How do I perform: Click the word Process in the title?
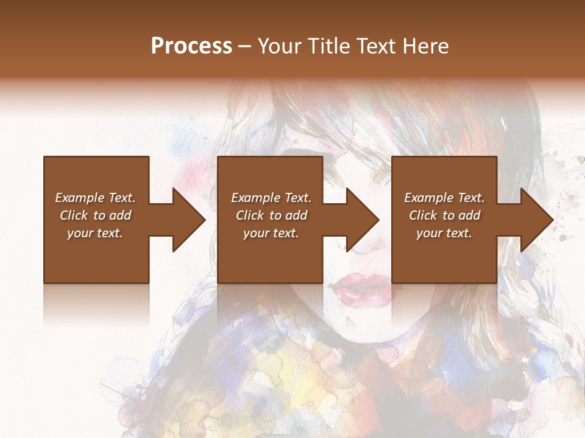coord(191,46)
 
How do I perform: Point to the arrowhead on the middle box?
coord(361,220)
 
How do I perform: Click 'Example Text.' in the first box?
coord(95,198)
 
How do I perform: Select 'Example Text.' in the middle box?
coord(271,198)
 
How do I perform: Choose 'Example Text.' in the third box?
coord(444,198)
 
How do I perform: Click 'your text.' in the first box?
coord(95,233)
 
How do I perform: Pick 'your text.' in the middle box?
coord(271,233)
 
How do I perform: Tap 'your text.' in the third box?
coord(444,233)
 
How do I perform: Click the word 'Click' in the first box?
coord(74,215)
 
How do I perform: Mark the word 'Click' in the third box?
coord(423,215)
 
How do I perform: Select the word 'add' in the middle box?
coord(296,215)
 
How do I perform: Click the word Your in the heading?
coord(280,46)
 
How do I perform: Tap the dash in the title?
coord(245,46)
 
